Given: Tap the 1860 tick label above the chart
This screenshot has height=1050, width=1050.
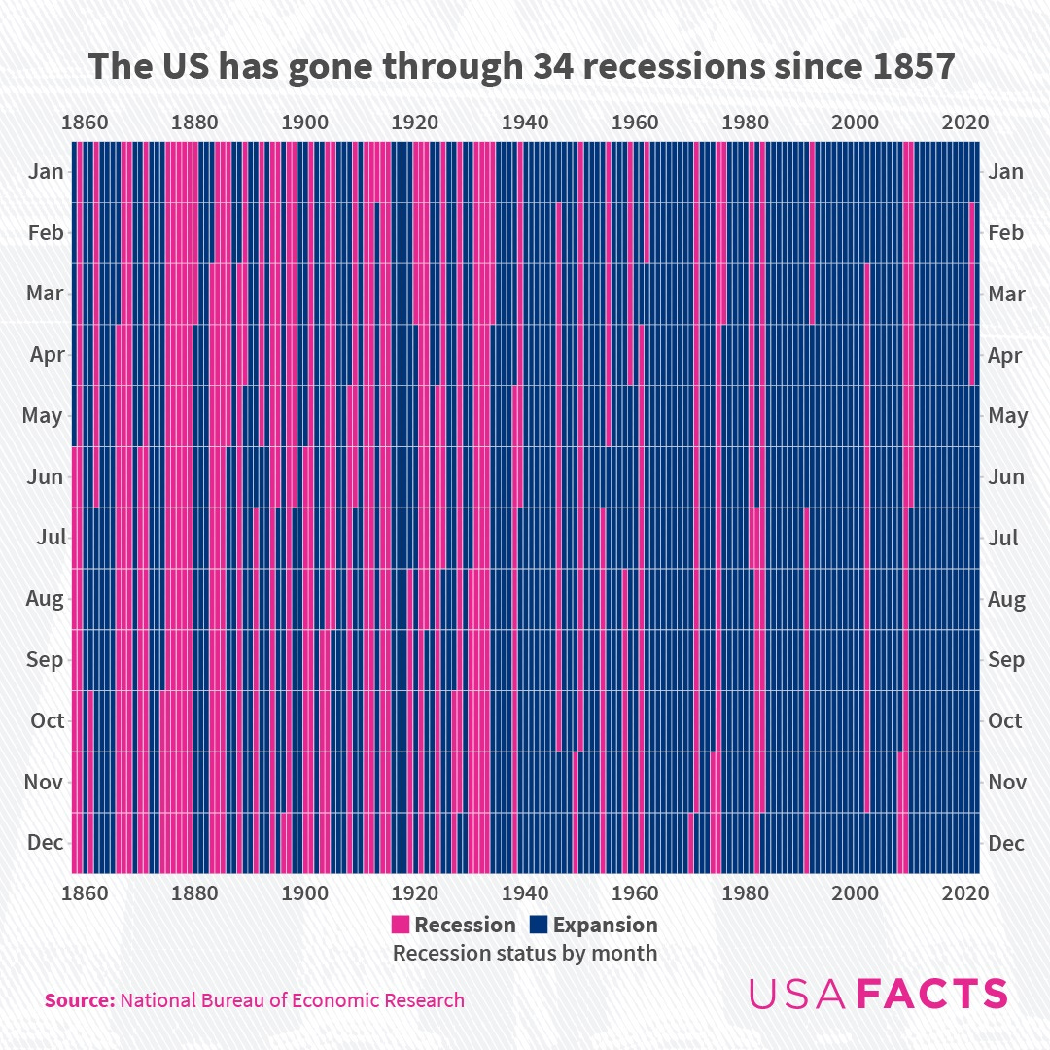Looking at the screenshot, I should (x=84, y=122).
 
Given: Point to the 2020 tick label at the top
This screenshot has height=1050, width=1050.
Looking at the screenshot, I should (x=965, y=122).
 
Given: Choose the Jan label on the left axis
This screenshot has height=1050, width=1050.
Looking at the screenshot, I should (x=46, y=172).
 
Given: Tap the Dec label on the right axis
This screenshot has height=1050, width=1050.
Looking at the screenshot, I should (x=1005, y=843).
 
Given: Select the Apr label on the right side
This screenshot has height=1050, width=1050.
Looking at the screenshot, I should (x=1004, y=355).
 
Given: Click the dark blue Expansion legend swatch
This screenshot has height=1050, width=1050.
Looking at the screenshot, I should (x=538, y=925).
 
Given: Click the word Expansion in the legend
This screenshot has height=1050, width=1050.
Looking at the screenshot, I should (x=605, y=925).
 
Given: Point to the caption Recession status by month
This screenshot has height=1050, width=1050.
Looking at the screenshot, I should (x=525, y=953).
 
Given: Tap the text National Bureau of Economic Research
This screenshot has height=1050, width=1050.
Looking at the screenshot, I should (x=292, y=1000).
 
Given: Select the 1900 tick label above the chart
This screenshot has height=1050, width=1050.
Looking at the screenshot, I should (x=304, y=122).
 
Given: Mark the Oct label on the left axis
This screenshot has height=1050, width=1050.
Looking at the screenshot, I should (x=47, y=720).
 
